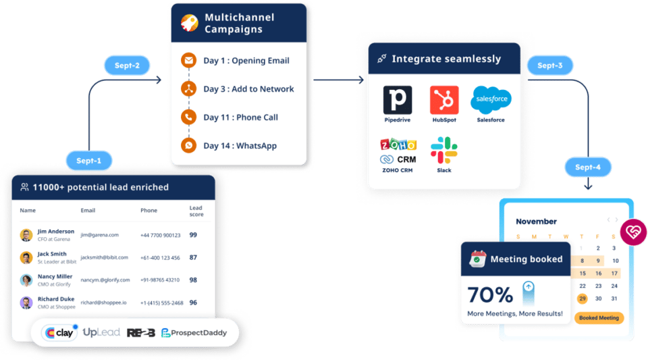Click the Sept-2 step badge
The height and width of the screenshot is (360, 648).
[127, 66]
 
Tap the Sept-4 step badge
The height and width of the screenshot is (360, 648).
[588, 167]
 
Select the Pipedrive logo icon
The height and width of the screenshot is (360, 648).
[398, 100]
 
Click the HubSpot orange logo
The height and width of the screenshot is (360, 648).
[444, 100]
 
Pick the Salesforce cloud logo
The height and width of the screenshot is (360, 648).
[491, 99]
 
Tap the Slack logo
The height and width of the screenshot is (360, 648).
[444, 150]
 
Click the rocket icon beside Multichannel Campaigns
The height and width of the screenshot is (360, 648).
[189, 23]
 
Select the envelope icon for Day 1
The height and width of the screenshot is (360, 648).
[188, 60]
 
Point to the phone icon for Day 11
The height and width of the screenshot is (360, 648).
[188, 117]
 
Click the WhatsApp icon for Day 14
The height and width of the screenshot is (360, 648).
[188, 145]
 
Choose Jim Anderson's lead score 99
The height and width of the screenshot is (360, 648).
[193, 235]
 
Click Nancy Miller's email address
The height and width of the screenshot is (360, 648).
[105, 280]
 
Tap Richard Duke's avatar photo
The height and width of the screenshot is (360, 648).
[26, 303]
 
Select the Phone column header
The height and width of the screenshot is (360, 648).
[148, 210]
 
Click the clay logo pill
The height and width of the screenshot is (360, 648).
[59, 332]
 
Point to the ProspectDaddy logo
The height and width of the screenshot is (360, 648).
[194, 333]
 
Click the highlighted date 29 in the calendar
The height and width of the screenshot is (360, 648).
[583, 299]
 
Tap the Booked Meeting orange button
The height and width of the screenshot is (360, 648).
[599, 318]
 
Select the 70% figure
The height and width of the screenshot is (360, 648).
[490, 295]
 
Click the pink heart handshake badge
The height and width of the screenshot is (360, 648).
[633, 232]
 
